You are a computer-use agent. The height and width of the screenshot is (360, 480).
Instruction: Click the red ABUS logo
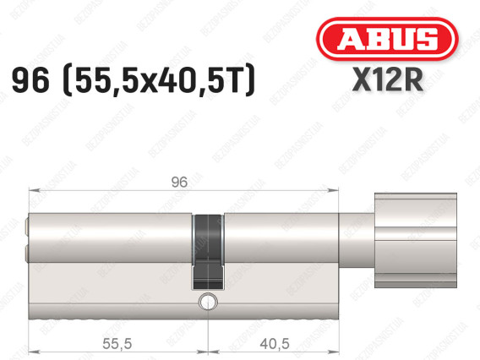[387, 39]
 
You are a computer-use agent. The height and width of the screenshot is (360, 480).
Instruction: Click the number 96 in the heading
[30, 80]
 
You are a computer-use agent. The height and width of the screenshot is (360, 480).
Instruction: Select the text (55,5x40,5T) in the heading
[159, 80]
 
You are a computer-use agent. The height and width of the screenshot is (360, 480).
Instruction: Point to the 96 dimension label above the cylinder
[179, 183]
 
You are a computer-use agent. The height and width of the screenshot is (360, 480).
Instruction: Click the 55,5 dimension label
[117, 343]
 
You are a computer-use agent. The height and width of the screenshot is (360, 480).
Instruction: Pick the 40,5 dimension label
[275, 343]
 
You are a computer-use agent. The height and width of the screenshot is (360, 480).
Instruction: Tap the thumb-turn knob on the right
[416, 240]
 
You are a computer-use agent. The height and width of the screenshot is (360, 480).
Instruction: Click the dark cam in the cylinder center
[208, 252]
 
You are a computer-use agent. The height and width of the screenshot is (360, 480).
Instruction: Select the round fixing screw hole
[208, 302]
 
